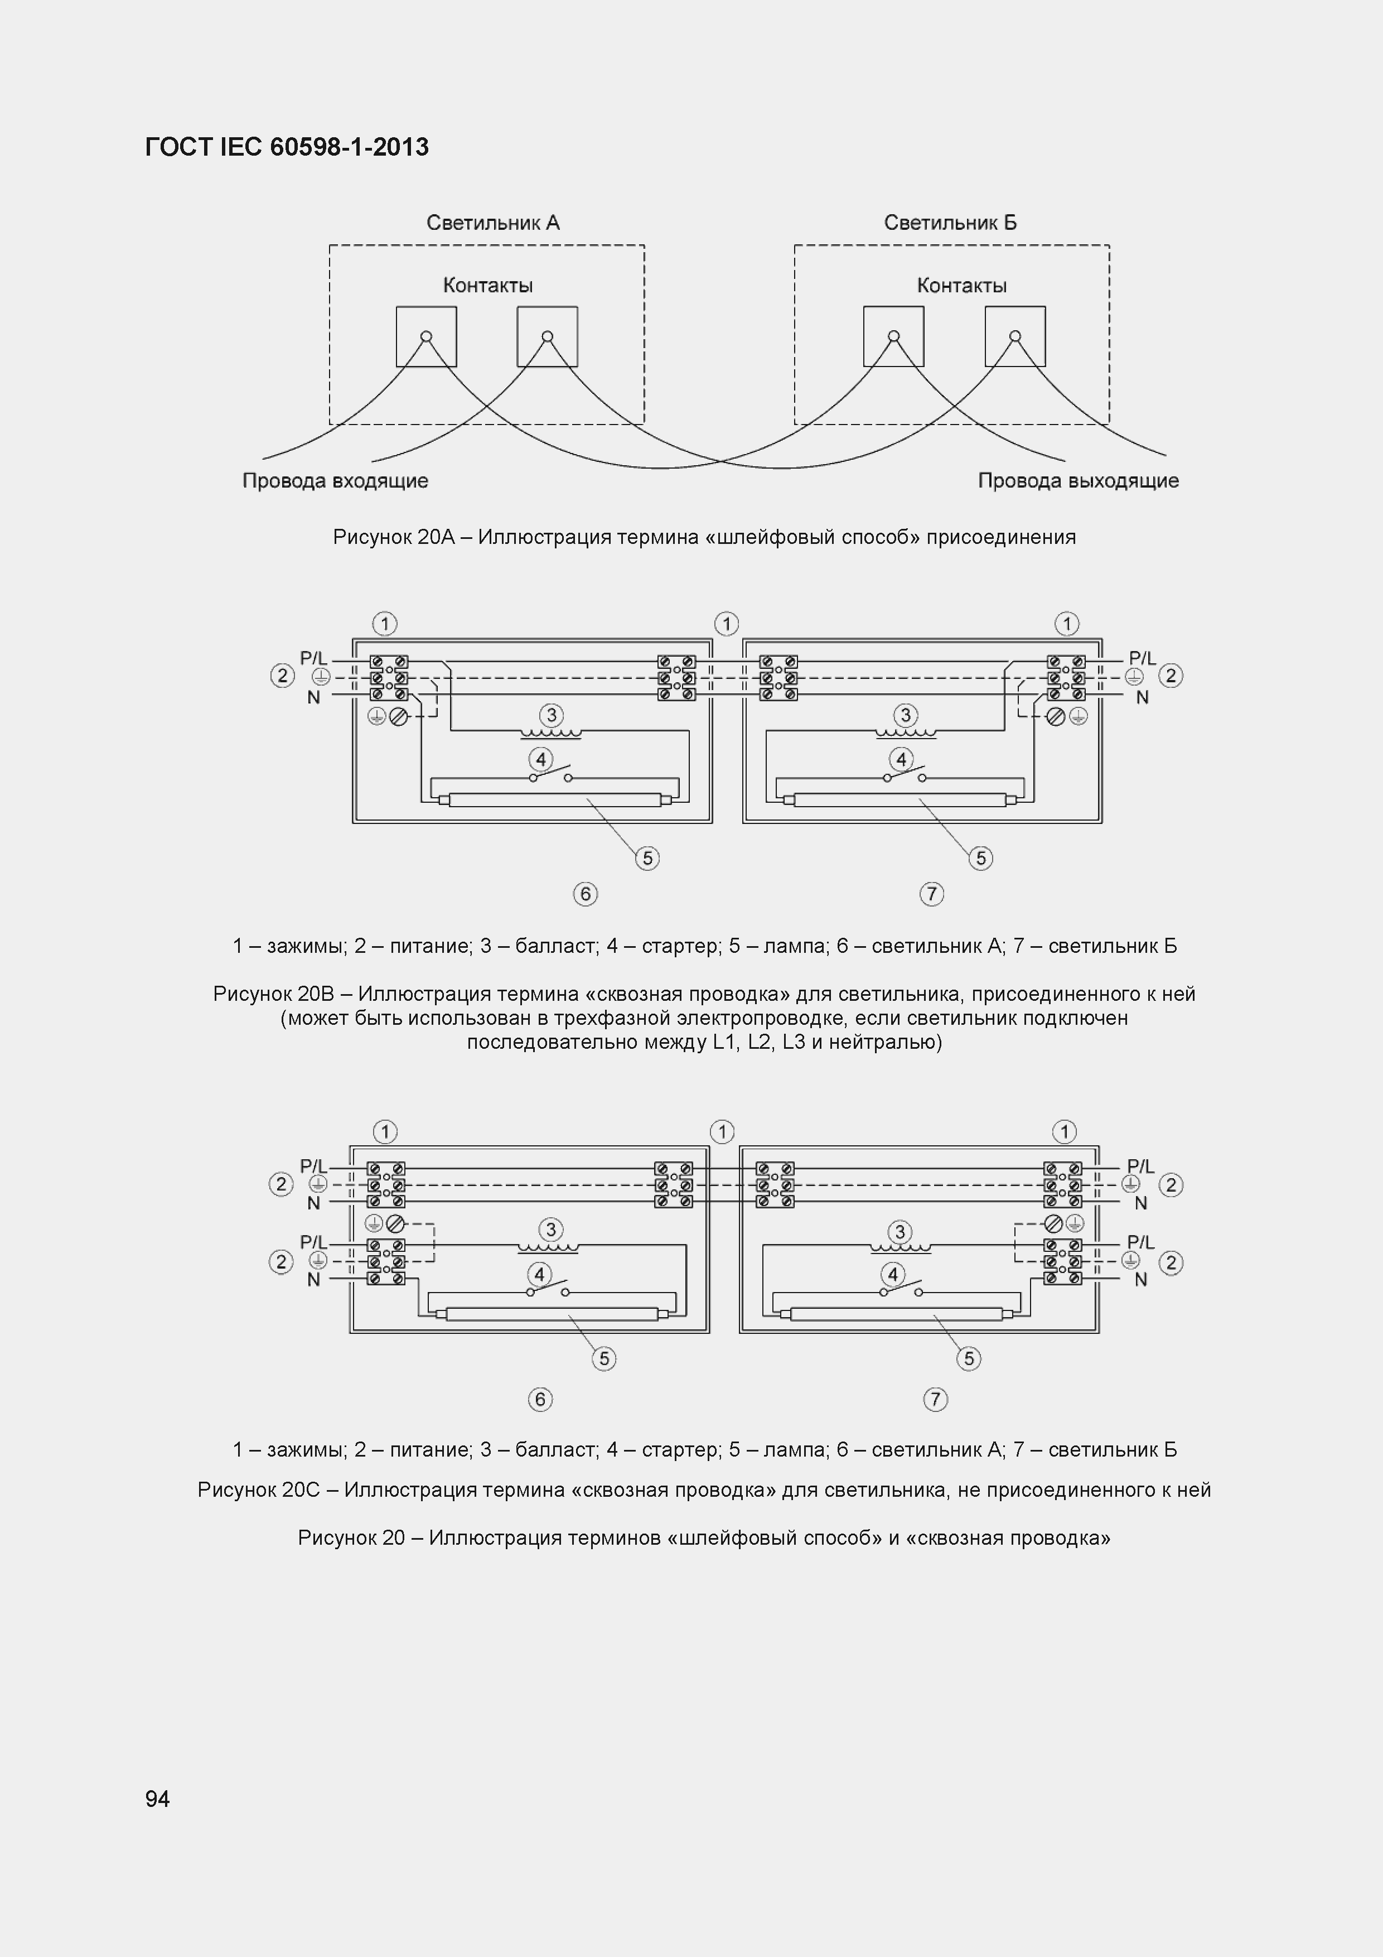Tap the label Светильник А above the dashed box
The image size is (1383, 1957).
click(492, 223)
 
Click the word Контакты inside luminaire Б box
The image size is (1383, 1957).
click(961, 286)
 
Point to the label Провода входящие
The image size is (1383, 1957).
click(335, 481)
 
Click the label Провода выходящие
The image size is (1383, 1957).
click(1078, 481)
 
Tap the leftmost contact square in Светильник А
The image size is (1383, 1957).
click(426, 337)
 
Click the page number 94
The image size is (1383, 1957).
click(158, 1799)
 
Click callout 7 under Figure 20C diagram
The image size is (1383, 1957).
click(935, 1399)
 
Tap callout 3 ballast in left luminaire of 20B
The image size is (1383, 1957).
click(552, 715)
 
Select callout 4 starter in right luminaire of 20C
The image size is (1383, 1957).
click(892, 1274)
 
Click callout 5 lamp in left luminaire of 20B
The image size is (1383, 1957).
click(647, 857)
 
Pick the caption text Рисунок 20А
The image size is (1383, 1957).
click(704, 537)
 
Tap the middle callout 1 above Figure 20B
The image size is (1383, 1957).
click(726, 624)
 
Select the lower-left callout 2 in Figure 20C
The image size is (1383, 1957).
click(281, 1261)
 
